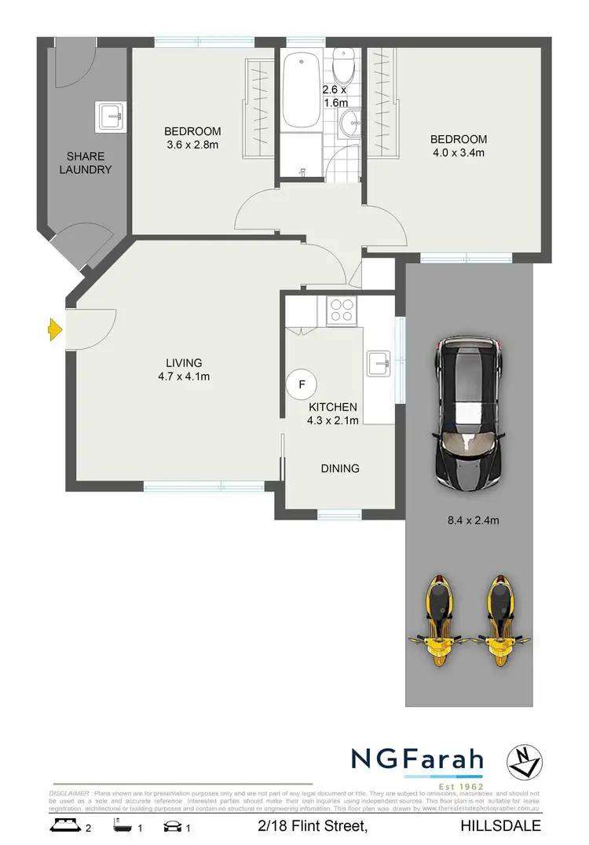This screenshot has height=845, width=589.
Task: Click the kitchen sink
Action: click(379, 362)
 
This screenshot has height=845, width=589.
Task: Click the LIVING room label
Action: click(184, 362)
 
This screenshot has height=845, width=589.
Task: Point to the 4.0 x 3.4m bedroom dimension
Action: click(458, 152)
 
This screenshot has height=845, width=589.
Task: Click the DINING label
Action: click(340, 468)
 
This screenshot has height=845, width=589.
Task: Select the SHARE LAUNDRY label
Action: click(89, 163)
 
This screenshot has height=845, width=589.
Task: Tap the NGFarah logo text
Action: click(416, 759)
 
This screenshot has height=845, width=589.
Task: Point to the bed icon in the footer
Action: click(64, 825)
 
